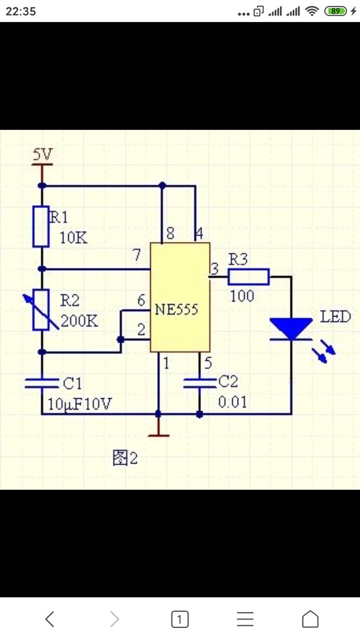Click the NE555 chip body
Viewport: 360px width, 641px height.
coord(180,297)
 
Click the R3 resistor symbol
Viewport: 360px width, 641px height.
coord(249,276)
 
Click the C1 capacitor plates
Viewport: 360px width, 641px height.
coord(42,383)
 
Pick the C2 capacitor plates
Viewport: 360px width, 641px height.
coord(199,383)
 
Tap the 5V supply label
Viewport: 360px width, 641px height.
coord(42,155)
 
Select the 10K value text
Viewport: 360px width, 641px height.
coord(74,239)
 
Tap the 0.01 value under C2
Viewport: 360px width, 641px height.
coord(231,402)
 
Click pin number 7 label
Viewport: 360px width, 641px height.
coord(136,256)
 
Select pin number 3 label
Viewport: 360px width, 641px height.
coord(214,269)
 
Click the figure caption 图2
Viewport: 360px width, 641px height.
coord(125,458)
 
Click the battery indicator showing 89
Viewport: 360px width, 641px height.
coord(336,11)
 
